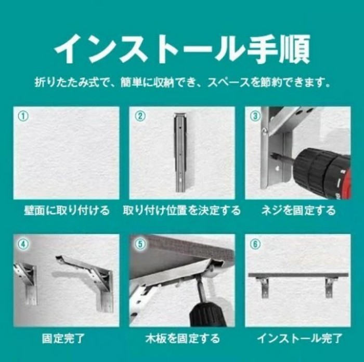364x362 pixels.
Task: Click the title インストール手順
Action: click(182, 49)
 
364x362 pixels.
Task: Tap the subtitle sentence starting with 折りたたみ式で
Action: click(183, 82)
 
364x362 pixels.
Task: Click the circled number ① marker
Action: click(23, 116)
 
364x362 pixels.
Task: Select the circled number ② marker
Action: click(140, 116)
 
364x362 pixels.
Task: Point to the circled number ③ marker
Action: click(256, 116)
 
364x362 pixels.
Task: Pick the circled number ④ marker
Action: click(23, 244)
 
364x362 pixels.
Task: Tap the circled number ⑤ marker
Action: click(141, 244)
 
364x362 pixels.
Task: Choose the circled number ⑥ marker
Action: click(256, 244)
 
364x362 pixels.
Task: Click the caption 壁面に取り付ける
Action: click(67, 210)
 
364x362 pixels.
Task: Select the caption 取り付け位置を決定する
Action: click(182, 210)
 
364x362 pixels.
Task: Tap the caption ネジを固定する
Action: click(298, 210)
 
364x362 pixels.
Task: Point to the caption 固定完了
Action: click(63, 338)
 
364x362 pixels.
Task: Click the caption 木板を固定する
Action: click(183, 338)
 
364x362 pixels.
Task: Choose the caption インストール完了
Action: click(300, 338)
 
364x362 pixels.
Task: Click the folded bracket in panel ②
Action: click(180, 153)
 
